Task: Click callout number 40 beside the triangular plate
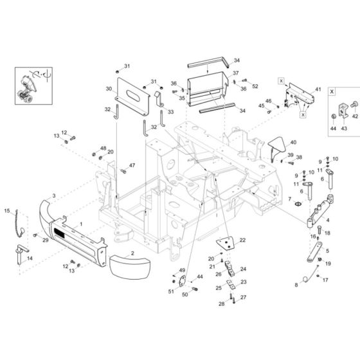tap(293, 142)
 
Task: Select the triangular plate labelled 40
tap(278, 147)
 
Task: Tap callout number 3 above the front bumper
tap(53, 195)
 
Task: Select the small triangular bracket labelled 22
tap(224, 244)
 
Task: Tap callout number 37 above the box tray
tap(235, 73)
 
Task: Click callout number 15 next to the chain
tap(8, 210)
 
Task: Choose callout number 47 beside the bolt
tap(132, 166)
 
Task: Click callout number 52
tap(255, 86)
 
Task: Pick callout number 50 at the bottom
tap(185, 294)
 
